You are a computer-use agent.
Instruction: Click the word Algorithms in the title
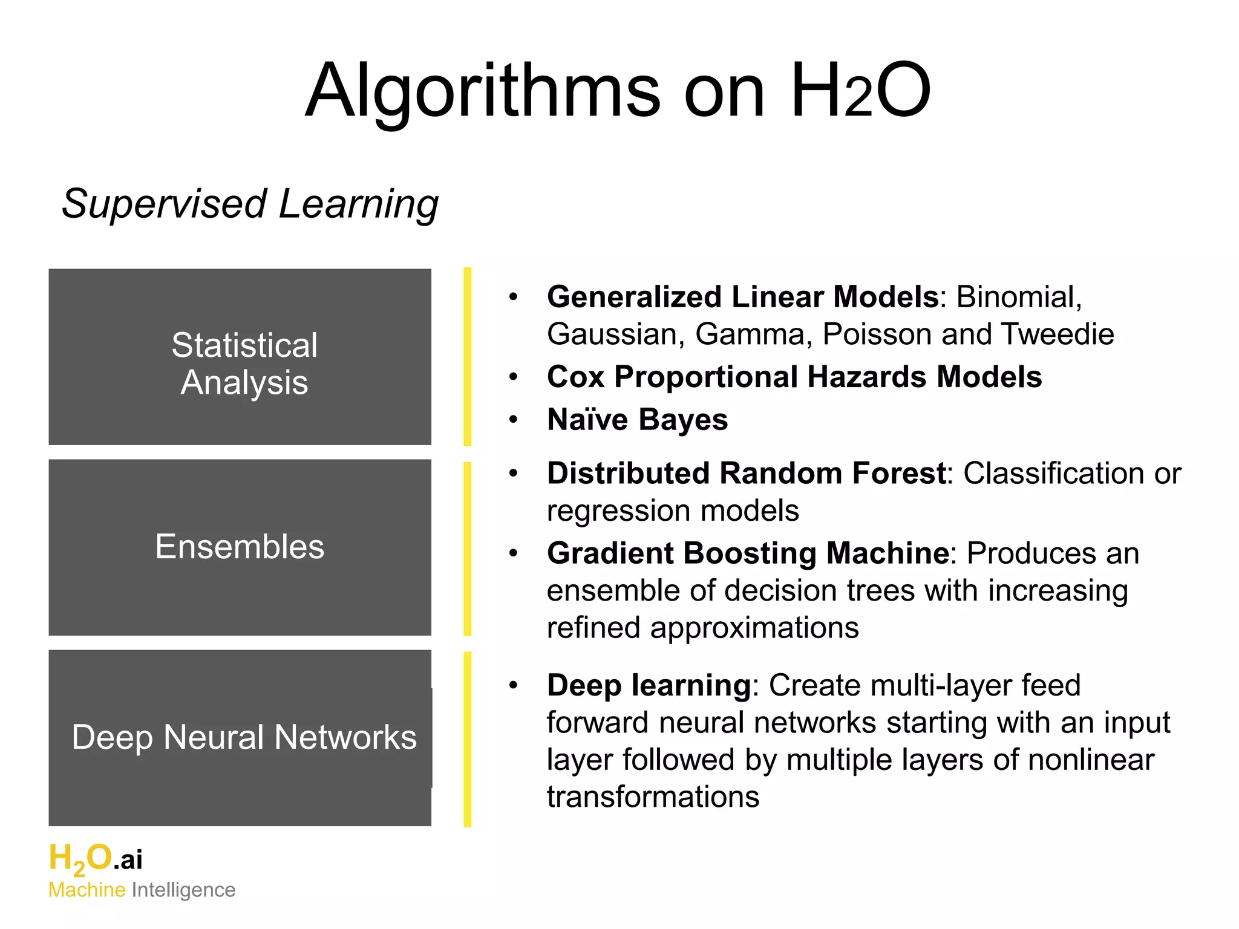click(x=483, y=92)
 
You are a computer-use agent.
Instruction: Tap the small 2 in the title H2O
click(x=858, y=100)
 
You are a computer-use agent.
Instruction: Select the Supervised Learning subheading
click(x=250, y=204)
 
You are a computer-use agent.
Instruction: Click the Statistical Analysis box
click(x=240, y=357)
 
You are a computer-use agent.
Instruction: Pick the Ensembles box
click(x=240, y=547)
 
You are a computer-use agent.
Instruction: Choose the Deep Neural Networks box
click(x=240, y=738)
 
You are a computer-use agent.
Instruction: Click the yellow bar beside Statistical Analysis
click(x=467, y=357)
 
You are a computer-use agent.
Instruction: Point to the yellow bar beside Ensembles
click(x=467, y=549)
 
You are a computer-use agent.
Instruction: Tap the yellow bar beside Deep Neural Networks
click(x=467, y=739)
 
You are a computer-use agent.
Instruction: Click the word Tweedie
click(x=1057, y=334)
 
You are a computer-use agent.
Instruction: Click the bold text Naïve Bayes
click(x=637, y=420)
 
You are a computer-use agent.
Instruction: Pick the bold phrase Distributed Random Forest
click(x=746, y=474)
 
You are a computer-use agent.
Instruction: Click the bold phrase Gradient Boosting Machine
click(x=748, y=553)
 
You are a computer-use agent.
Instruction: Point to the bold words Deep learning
click(x=649, y=686)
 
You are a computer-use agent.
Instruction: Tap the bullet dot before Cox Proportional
click(x=514, y=377)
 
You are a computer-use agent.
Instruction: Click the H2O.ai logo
click(x=95, y=859)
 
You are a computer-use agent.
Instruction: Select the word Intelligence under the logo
click(x=183, y=890)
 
